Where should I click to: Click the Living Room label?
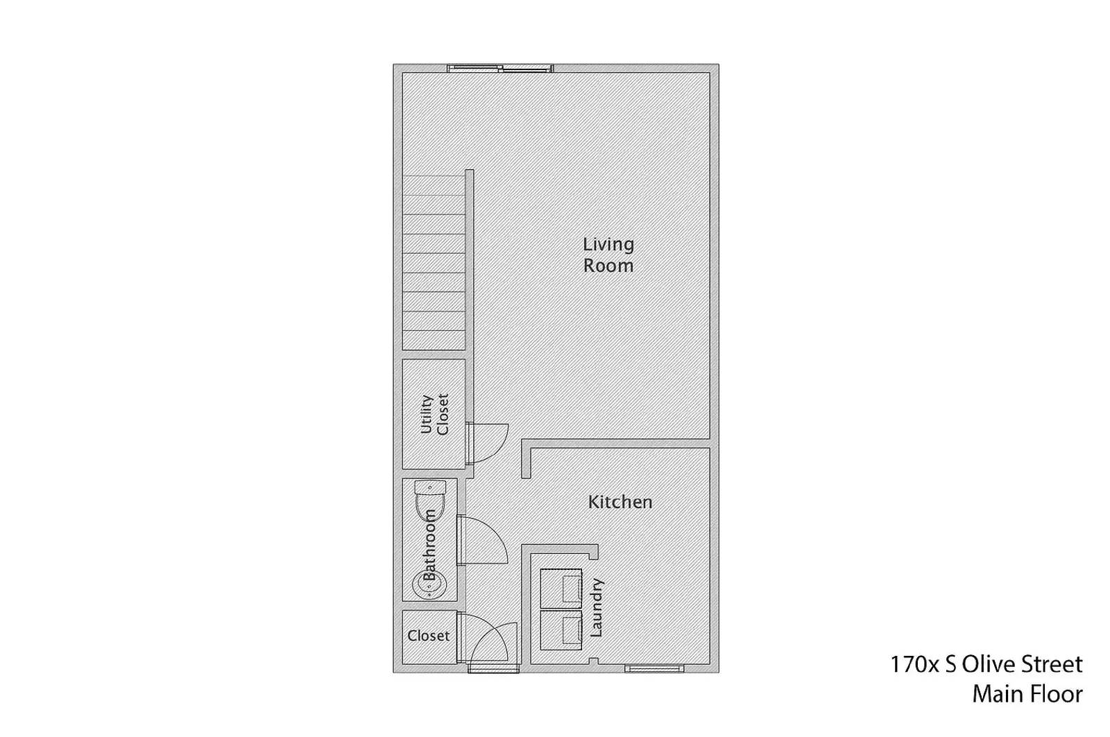[608, 254]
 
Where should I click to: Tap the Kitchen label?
[620, 502]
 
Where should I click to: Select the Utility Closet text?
[435, 414]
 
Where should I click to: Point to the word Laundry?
[596, 607]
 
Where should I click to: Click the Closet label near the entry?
[428, 636]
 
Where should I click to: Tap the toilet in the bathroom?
[429, 499]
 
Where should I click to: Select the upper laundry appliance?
[561, 589]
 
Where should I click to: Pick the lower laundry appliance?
[561, 630]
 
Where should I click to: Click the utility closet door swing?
[488, 442]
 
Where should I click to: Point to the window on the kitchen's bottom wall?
[654, 668]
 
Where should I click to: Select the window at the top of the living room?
[500, 68]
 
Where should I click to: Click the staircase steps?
[434, 263]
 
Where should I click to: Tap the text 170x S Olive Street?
[986, 664]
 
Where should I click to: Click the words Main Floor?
[1027, 694]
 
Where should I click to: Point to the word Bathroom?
[429, 545]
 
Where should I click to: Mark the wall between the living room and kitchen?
[617, 444]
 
